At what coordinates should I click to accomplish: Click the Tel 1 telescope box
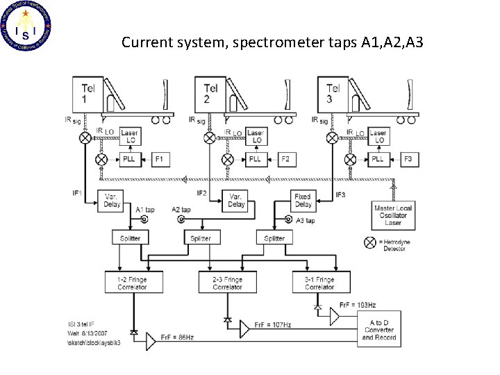pyautogui.click(x=87, y=94)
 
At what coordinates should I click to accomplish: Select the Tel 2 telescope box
pyautogui.click(x=211, y=94)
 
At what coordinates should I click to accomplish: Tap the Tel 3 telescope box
pyautogui.click(x=333, y=94)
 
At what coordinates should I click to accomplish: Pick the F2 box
pyautogui.click(x=285, y=159)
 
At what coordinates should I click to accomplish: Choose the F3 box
pyautogui.click(x=407, y=159)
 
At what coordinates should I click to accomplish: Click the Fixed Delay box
pyautogui.click(x=302, y=201)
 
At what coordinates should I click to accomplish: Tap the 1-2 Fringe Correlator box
pyautogui.click(x=131, y=283)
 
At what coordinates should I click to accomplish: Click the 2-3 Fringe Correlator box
pyautogui.click(x=227, y=283)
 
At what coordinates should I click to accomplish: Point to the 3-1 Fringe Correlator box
pyautogui.click(x=319, y=283)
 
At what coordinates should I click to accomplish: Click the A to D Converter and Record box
pyautogui.click(x=379, y=328)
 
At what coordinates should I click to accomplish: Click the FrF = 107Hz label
pyautogui.click(x=272, y=324)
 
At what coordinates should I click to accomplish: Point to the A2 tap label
pyautogui.click(x=181, y=209)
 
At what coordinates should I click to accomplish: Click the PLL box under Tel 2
pyautogui.click(x=254, y=159)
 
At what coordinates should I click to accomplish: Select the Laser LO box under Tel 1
pyautogui.click(x=130, y=136)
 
